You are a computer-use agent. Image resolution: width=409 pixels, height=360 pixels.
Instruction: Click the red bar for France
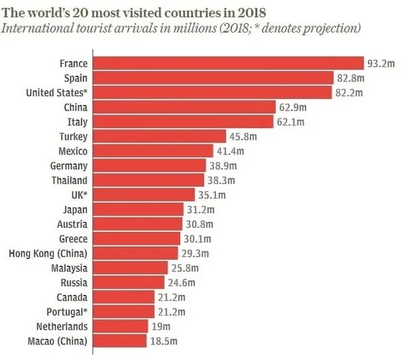point(228,63)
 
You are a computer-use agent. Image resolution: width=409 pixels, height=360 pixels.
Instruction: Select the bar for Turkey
point(159,136)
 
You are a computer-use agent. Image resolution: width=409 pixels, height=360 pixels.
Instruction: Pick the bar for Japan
point(139,209)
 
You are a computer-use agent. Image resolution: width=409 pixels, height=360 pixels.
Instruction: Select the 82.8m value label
point(350,78)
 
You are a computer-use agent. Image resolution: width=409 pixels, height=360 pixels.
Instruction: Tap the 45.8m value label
point(243,136)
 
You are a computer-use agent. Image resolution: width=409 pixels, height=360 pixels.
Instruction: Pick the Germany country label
point(68,165)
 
